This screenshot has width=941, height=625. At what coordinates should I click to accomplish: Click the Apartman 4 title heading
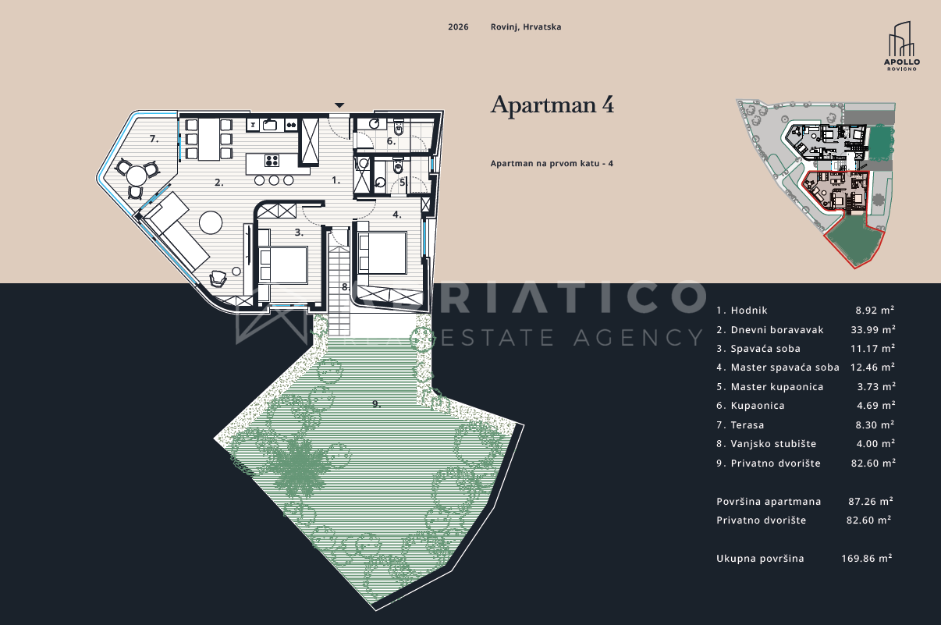pyautogui.click(x=552, y=105)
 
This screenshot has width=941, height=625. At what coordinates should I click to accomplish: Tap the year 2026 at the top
pyautogui.click(x=458, y=27)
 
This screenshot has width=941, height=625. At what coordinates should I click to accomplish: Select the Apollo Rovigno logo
pyautogui.click(x=901, y=46)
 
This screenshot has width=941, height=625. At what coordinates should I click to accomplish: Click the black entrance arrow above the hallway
pyautogui.click(x=339, y=105)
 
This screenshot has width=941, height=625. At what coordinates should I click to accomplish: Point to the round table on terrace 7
pyautogui.click(x=137, y=176)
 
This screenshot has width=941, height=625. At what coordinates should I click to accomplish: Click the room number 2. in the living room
pyautogui.click(x=218, y=183)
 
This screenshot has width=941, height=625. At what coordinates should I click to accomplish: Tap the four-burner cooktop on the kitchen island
pyautogui.click(x=272, y=160)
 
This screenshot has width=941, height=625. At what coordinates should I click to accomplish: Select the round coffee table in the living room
pyautogui.click(x=211, y=222)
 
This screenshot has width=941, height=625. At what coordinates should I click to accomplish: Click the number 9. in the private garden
pyautogui.click(x=376, y=404)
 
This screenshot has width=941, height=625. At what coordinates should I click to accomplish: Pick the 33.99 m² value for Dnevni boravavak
pyautogui.click(x=873, y=330)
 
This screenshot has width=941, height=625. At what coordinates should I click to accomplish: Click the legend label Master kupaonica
pyautogui.click(x=777, y=386)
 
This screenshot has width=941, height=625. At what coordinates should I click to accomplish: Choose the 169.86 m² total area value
pyautogui.click(x=867, y=558)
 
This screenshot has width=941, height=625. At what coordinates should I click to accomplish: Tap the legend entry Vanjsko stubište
pyautogui.click(x=773, y=443)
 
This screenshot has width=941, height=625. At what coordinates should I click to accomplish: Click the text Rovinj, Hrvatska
pyautogui.click(x=526, y=27)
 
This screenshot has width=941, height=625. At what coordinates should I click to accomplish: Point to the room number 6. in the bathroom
pyautogui.click(x=391, y=141)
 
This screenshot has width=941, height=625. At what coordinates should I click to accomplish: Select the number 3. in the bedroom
pyautogui.click(x=299, y=233)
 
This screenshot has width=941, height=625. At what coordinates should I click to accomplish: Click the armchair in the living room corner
pyautogui.click(x=218, y=278)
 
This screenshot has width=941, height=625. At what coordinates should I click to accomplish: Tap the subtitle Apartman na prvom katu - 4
pyautogui.click(x=552, y=163)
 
